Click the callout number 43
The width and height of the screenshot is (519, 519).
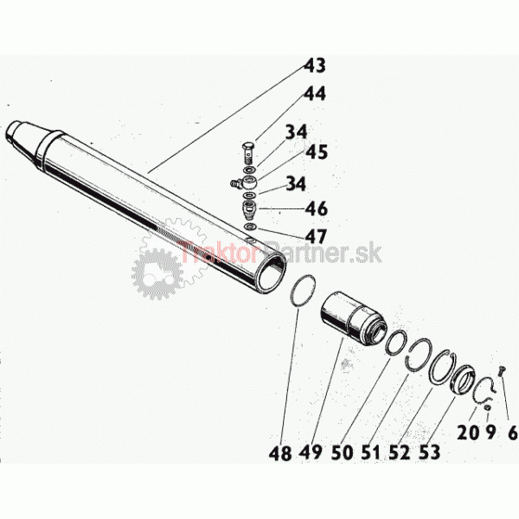point(315,65)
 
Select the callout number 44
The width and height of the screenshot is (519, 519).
point(315,93)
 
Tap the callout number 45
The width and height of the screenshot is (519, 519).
point(317,151)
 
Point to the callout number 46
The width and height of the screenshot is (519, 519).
point(316,208)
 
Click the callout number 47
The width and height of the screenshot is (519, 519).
point(316,236)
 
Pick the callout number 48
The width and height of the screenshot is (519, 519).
point(280,452)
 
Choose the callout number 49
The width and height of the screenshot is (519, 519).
point(311,452)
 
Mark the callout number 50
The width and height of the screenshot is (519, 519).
point(343,452)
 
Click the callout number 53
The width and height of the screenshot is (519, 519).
point(429,452)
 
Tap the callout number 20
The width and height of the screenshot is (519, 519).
point(468,432)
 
